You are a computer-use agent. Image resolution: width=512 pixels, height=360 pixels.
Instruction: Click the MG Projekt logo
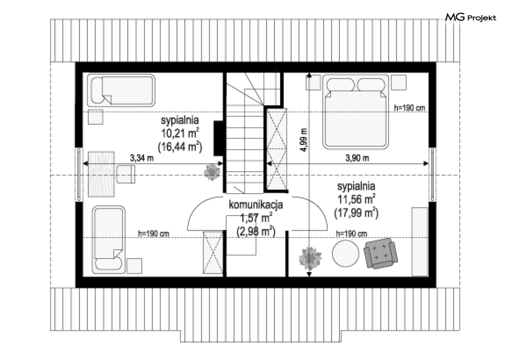pos(471,17)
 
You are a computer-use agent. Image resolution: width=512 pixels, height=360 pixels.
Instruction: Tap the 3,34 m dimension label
pos(142,158)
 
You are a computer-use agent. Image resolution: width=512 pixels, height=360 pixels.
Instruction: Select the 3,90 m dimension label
pos(357,158)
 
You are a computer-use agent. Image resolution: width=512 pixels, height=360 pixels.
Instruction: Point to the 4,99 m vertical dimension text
pos(304,140)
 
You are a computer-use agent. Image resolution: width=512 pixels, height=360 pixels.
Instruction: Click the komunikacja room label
pos(256,205)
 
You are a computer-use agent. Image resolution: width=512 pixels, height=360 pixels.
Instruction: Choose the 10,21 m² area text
pos(180,133)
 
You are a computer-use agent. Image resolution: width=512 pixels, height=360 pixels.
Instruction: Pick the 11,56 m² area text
pos(356,199)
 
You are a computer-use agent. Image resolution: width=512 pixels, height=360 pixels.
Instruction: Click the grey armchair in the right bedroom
pos(381,253)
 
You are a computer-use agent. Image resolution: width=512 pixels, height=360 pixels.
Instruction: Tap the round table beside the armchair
pos(345,254)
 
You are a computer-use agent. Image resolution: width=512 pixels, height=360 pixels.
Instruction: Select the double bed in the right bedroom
pos(355,112)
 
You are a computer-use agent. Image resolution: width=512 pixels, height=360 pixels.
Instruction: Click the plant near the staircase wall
pos(212,172)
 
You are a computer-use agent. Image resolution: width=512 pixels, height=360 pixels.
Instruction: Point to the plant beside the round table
pos(310,258)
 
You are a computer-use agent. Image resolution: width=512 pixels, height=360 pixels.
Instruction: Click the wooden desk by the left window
pos(101,174)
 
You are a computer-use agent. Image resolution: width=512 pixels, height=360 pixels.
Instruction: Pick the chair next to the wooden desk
pos(126,174)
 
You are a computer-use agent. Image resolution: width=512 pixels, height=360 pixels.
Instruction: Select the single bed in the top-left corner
pos(121,91)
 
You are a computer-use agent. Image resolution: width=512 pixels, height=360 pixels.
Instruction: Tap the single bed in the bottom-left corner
pos(108,240)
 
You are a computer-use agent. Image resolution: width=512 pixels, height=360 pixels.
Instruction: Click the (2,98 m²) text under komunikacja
pos(256,232)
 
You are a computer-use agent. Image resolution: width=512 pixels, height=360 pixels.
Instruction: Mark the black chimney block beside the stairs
pos(218,138)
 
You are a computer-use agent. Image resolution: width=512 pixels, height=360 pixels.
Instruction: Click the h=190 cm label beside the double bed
pos(410,107)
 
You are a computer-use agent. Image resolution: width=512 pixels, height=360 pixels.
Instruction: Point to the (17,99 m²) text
pos(356,213)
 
